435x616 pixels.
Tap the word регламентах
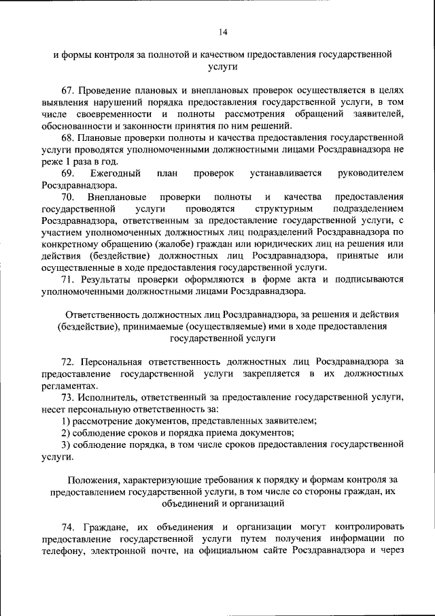coord(65,385)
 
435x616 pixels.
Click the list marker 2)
coord(66,432)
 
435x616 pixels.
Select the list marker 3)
coord(66,444)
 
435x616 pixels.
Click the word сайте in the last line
coord(268,550)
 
